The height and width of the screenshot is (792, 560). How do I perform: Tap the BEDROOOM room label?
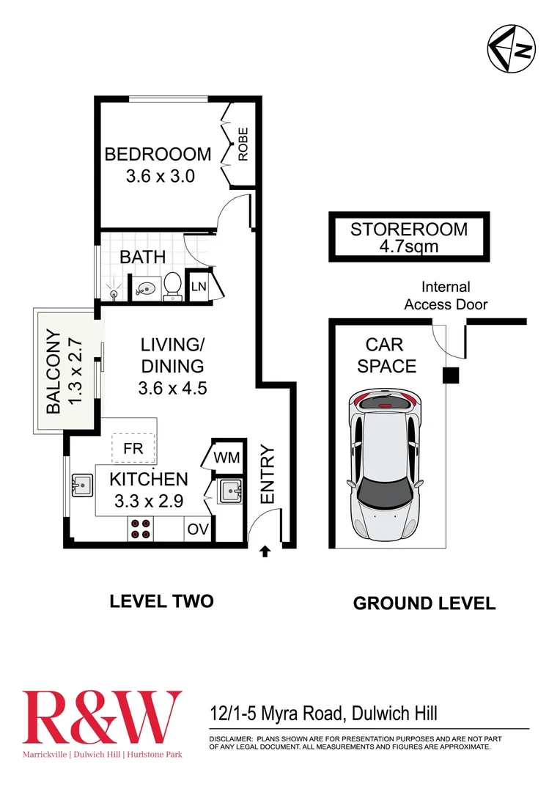158,155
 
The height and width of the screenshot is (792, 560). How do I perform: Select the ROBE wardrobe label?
243,144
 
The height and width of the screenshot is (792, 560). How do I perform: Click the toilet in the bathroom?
173,285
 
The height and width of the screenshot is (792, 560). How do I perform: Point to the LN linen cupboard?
199,287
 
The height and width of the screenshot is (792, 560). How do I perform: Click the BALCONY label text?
54,373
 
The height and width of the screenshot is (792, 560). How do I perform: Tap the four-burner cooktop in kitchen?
140,529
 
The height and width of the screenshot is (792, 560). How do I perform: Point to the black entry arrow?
265,551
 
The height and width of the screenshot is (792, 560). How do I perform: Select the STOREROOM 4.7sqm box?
408,238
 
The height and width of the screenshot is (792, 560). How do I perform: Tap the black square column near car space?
449,375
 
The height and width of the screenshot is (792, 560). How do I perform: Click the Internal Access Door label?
446,296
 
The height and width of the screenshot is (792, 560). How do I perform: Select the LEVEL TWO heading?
161,601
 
